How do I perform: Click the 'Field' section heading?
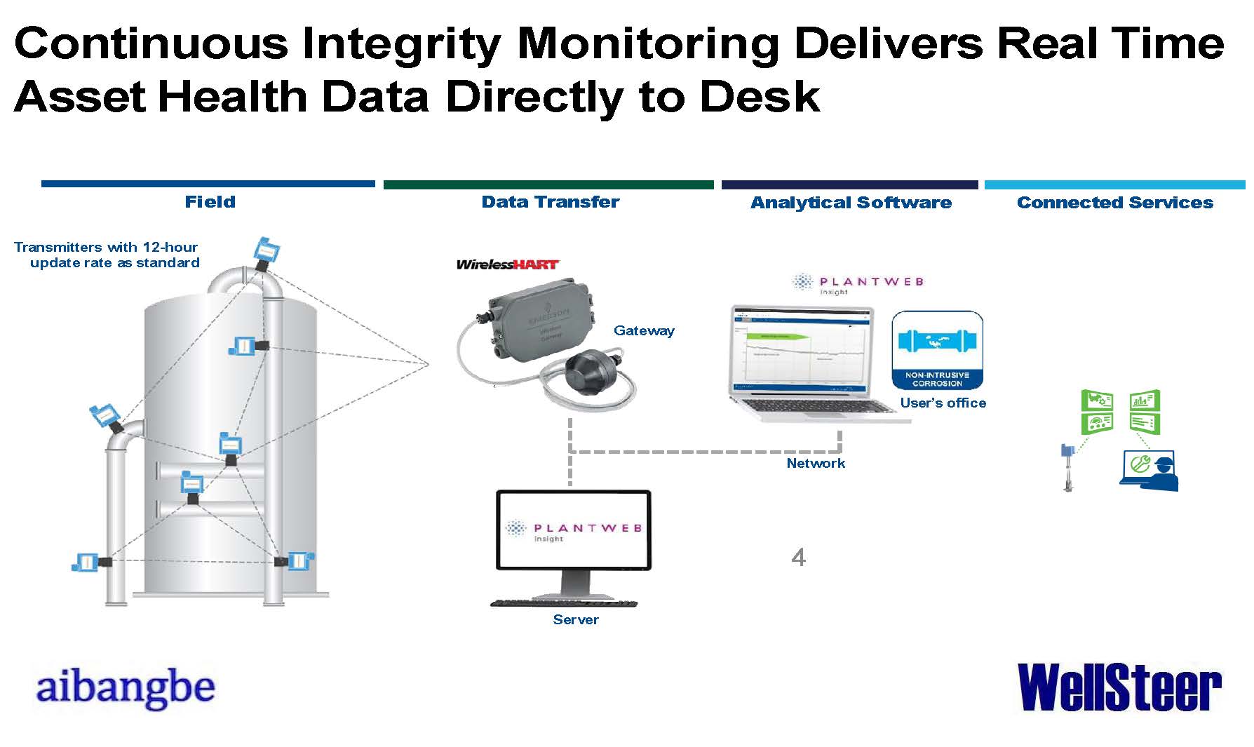click(210, 202)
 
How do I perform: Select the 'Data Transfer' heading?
click(550, 202)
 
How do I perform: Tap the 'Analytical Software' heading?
click(851, 203)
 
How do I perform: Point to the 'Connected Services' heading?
click(1114, 203)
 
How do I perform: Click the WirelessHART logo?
click(507, 264)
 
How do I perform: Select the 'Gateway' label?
click(644, 330)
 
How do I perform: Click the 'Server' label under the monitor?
click(576, 619)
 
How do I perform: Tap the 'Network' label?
click(816, 463)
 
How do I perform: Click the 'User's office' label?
click(943, 403)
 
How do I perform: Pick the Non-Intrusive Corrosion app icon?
click(937, 351)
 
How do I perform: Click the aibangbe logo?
click(125, 688)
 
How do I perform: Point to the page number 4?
click(798, 558)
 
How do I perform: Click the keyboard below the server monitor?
click(565, 603)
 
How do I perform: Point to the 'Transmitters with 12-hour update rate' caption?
click(107, 255)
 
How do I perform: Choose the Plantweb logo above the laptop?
click(857, 283)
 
